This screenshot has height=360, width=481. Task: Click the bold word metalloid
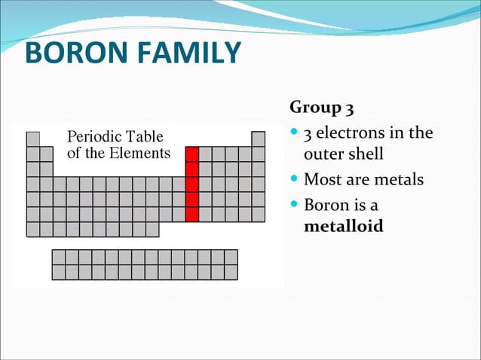click(x=343, y=226)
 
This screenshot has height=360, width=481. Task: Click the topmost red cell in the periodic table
click(x=191, y=154)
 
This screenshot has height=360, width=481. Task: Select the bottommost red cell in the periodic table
click(x=191, y=214)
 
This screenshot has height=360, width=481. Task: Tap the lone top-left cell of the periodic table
click(x=33, y=139)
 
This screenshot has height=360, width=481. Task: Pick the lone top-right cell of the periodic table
click(x=258, y=139)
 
